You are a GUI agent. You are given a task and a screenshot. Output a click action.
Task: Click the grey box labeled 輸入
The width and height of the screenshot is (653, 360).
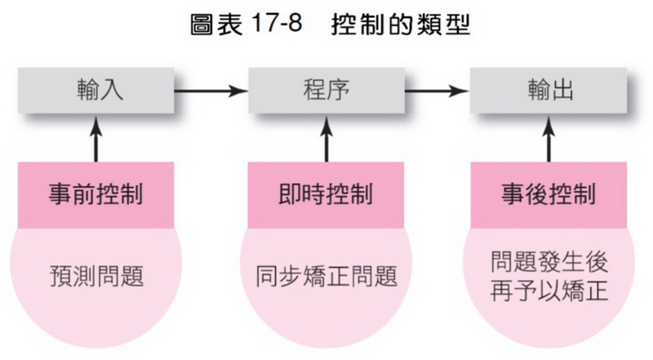point(99,89)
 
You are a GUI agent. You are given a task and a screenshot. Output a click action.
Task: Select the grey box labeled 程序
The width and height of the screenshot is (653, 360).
point(325,89)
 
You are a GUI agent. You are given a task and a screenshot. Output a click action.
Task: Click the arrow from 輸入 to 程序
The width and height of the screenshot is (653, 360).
point(211,89)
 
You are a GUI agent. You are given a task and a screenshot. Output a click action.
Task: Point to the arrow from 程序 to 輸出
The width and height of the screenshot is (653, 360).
point(437,89)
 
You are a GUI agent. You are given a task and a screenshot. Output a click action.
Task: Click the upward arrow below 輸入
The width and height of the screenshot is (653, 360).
point(98,139)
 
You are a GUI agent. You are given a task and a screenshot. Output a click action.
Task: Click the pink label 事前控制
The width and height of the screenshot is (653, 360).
point(98,195)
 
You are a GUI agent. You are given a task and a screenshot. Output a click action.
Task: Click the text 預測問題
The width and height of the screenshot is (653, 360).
point(98,276)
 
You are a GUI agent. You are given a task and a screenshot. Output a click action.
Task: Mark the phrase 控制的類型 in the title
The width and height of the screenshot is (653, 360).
point(400,24)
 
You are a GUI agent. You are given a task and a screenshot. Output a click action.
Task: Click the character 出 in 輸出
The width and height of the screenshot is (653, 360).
point(563,89)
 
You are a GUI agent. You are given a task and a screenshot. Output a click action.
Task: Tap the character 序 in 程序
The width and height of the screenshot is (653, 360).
point(338,89)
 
